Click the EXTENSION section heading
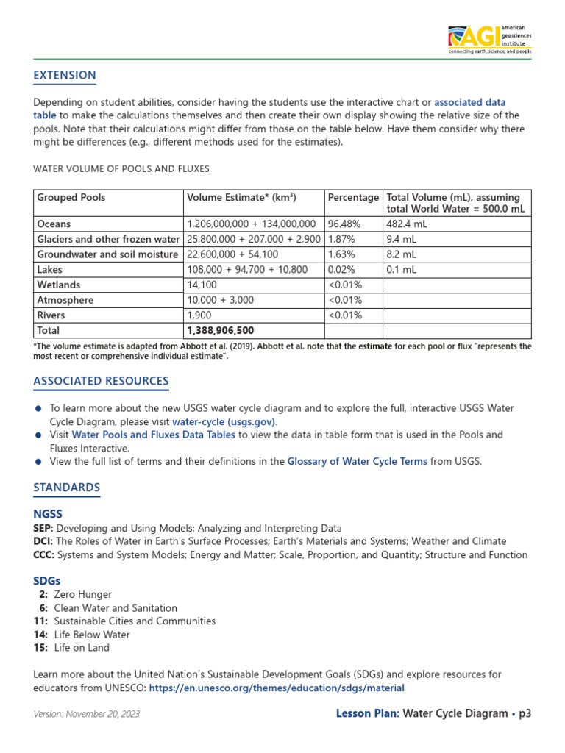pyautogui.click(x=65, y=75)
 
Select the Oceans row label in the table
pyautogui.click(x=54, y=224)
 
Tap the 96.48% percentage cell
pyautogui.click(x=343, y=224)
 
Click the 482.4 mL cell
pyautogui.click(x=406, y=224)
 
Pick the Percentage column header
pyautogui.click(x=353, y=198)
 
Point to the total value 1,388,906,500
pyautogui.click(x=221, y=331)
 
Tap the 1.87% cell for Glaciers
pyautogui.click(x=341, y=239)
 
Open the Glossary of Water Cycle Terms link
pyautogui.click(x=357, y=461)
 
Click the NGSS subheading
pyautogui.click(x=48, y=515)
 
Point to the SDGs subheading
pyautogui.click(x=47, y=581)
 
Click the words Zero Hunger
pyautogui.click(x=83, y=594)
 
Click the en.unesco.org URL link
pyautogui.click(x=277, y=688)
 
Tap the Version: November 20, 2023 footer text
pyautogui.click(x=87, y=714)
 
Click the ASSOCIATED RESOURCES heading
pyautogui.click(x=101, y=381)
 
